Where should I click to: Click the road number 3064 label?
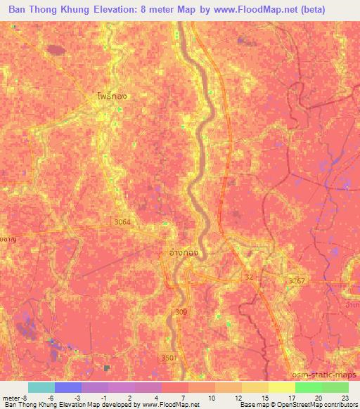pos(122,221)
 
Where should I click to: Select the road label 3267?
pos(297,280)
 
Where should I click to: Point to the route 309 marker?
pos(182,310)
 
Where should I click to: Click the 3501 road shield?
pos(168,357)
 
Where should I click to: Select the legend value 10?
pos(212,397)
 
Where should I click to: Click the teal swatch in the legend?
pos(41,387)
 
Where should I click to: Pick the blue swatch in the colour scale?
pos(67,387)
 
